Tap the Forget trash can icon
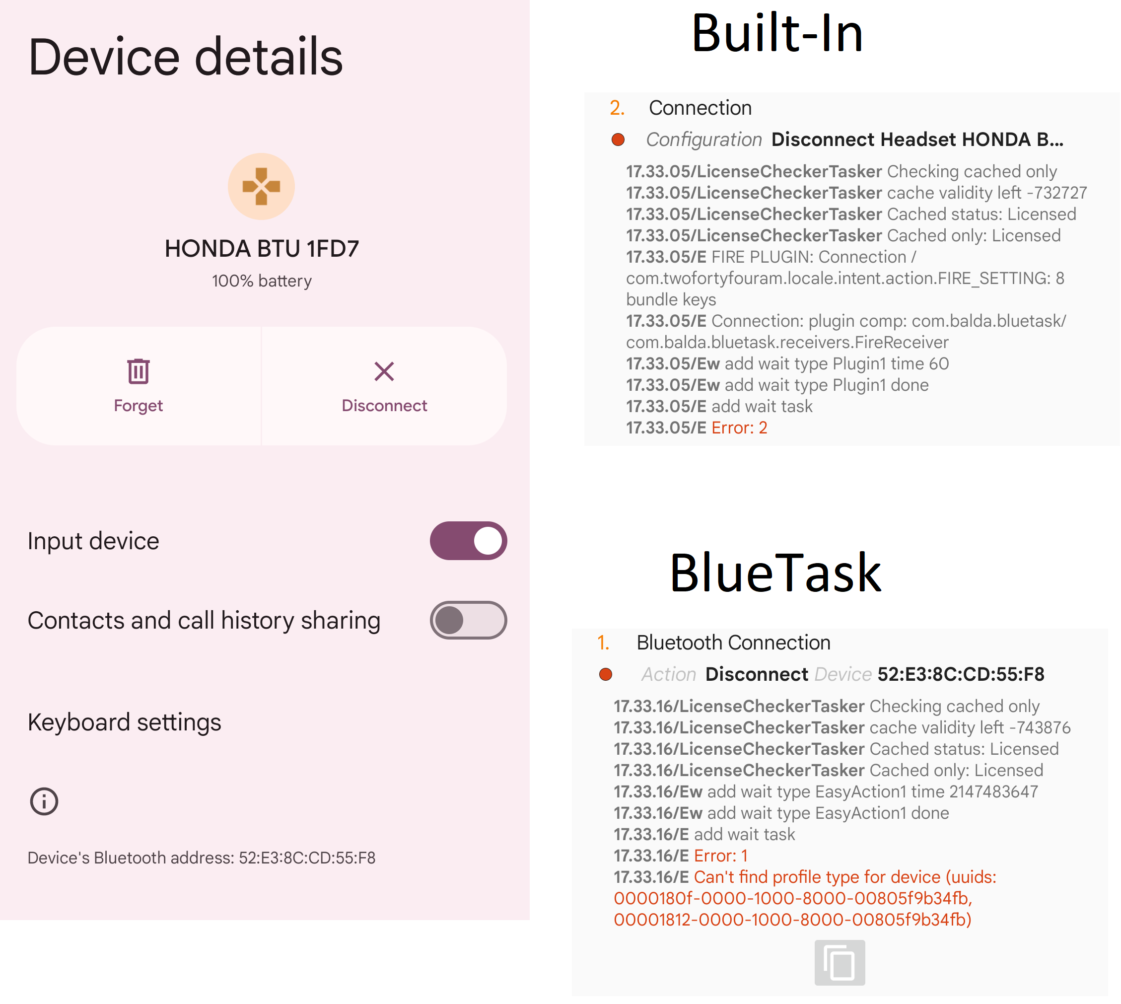(138, 371)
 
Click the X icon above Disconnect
(384, 371)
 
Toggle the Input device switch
(468, 541)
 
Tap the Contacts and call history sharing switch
(468, 620)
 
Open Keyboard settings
(125, 722)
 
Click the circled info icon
(44, 801)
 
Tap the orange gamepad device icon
(262, 187)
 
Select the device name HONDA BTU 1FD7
(262, 249)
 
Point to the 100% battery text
(262, 281)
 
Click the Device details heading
(185, 57)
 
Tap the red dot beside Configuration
(618, 140)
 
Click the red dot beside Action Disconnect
(606, 674)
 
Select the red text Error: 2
(739, 428)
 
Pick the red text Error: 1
(720, 856)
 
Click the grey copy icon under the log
(840, 963)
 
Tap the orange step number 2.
(617, 108)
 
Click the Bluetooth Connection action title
(733, 643)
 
